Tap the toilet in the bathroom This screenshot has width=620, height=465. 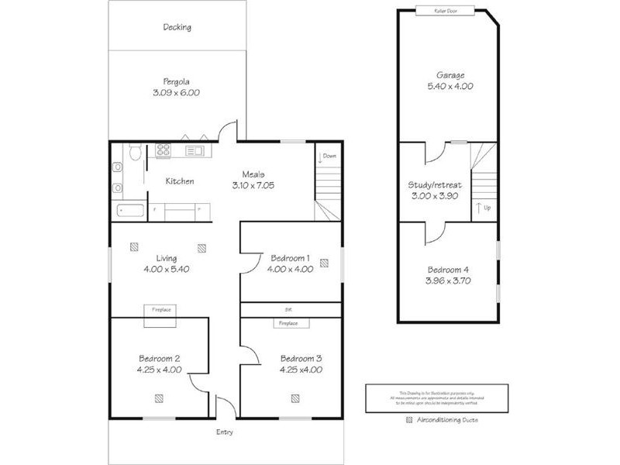coord(133,153)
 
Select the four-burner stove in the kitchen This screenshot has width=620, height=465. coord(164,150)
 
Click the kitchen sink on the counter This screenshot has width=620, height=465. coord(195,150)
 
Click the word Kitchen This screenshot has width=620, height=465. coord(179,181)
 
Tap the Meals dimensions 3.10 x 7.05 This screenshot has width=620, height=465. coord(253,186)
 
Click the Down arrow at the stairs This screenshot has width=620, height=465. coord(321,160)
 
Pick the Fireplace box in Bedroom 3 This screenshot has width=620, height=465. coord(288,323)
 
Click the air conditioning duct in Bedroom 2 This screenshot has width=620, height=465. coord(159,398)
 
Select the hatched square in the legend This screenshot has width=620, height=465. coord(409,420)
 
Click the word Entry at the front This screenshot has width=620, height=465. coord(224,432)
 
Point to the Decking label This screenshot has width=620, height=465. coord(177,27)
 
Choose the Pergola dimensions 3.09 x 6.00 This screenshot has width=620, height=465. coord(177,92)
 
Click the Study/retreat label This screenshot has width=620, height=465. coord(435,185)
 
